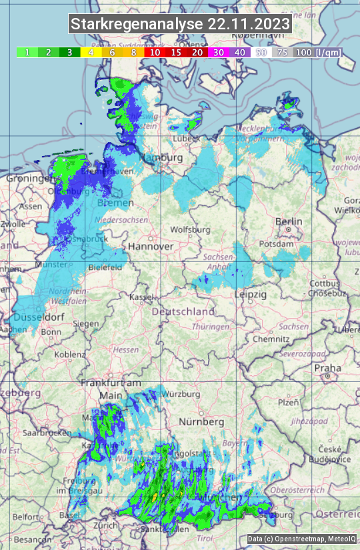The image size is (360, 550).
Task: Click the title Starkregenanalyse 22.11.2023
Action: click(x=180, y=25)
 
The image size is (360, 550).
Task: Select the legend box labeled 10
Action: click(x=155, y=52)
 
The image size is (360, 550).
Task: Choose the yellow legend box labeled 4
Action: click(x=91, y=52)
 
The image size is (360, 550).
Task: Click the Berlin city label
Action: click(x=289, y=222)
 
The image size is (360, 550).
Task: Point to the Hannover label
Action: click(x=151, y=247)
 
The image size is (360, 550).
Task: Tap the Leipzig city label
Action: click(x=250, y=294)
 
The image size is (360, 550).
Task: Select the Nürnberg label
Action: click(x=201, y=422)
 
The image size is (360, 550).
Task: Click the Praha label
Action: click(x=327, y=367)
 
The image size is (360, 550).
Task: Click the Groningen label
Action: click(x=30, y=179)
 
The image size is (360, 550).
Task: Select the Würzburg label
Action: click(x=181, y=394)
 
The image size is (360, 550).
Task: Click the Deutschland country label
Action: click(x=183, y=311)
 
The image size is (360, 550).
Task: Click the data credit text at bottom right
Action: click(x=301, y=539)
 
